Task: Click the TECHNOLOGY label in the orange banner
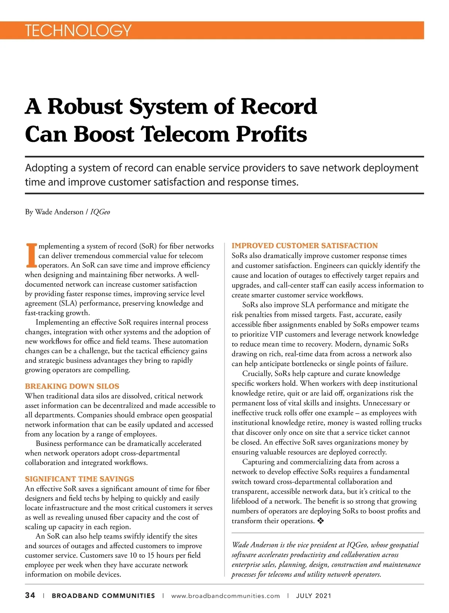(78, 30)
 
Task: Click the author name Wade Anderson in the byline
(59, 212)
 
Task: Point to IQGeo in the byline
(100, 212)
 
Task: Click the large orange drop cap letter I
(31, 256)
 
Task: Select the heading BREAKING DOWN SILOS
(72, 386)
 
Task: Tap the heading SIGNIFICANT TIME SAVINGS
(79, 479)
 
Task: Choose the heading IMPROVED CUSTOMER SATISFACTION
(305, 245)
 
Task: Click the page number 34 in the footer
(30, 595)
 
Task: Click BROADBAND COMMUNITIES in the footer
(103, 596)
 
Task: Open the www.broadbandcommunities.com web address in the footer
(225, 596)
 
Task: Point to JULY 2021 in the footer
(314, 596)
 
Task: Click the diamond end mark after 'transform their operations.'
(320, 521)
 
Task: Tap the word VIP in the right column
(276, 334)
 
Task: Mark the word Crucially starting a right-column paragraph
(257, 373)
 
